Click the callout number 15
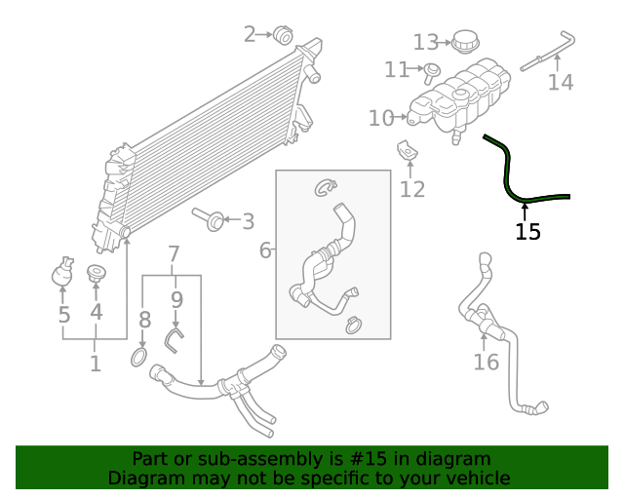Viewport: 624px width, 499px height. (x=527, y=232)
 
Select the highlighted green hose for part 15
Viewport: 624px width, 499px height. (x=510, y=175)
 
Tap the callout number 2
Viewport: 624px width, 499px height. (x=250, y=35)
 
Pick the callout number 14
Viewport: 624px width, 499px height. (x=560, y=83)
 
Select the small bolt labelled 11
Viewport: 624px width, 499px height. (x=432, y=69)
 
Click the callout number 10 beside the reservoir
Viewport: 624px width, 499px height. (x=380, y=119)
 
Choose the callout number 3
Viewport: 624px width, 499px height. (x=248, y=221)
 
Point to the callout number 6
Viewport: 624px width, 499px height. (x=265, y=251)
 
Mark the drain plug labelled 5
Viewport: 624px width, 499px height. (x=63, y=274)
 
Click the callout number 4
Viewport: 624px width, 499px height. (x=96, y=312)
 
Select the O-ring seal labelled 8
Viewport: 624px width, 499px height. (x=138, y=359)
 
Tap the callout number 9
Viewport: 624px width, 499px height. (x=176, y=298)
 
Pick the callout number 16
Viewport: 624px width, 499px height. (x=486, y=363)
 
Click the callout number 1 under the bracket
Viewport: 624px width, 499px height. (x=96, y=365)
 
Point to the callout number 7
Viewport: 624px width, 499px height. (x=174, y=255)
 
